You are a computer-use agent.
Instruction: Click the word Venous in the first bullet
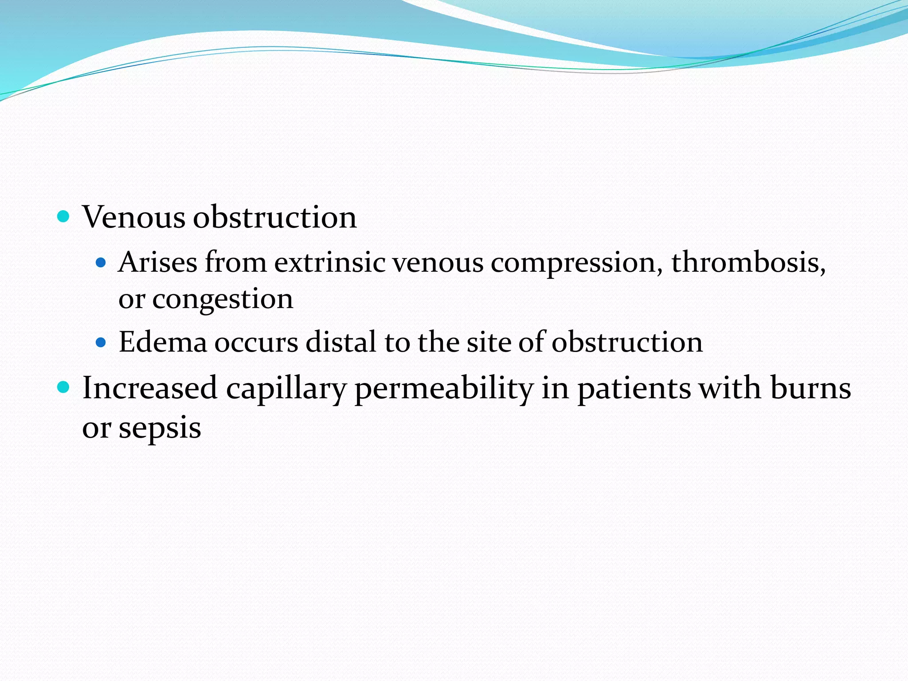click(133, 217)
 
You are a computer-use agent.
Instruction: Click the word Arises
click(157, 262)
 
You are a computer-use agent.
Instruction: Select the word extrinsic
click(329, 262)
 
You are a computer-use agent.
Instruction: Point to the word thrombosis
click(748, 262)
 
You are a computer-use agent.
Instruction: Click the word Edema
click(163, 342)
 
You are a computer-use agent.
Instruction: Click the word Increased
click(149, 388)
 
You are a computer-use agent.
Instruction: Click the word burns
click(810, 388)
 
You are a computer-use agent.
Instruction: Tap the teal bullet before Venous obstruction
click(64, 217)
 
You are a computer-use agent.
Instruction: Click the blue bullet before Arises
click(101, 262)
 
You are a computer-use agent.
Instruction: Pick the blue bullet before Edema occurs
click(101, 342)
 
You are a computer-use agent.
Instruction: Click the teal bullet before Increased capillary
click(64, 387)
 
